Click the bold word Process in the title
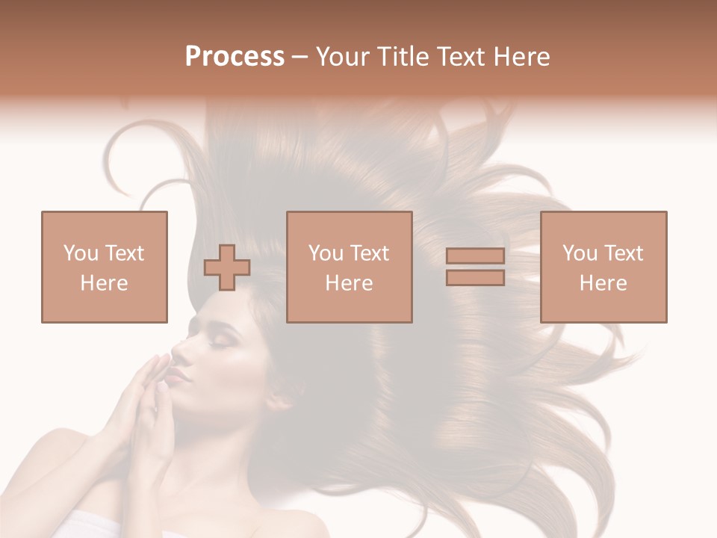[235, 57]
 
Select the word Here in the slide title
[520, 57]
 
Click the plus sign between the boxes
[227, 268]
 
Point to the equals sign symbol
[475, 267]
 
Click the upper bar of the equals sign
[475, 256]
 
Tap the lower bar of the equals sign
[475, 277]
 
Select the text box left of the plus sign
[105, 267]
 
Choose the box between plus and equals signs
[350, 267]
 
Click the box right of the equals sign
[603, 267]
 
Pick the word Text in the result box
[624, 253]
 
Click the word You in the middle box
[326, 253]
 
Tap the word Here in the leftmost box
[105, 283]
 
